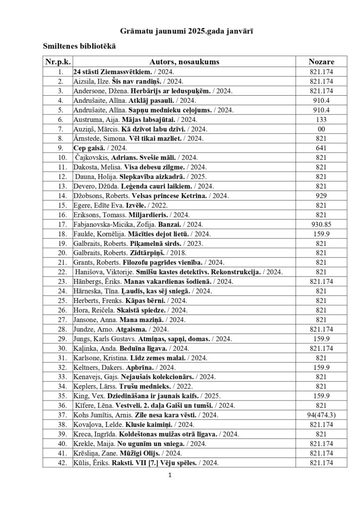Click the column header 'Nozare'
(x=321, y=62)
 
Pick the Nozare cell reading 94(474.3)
(x=321, y=414)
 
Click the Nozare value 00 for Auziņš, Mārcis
(x=321, y=128)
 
